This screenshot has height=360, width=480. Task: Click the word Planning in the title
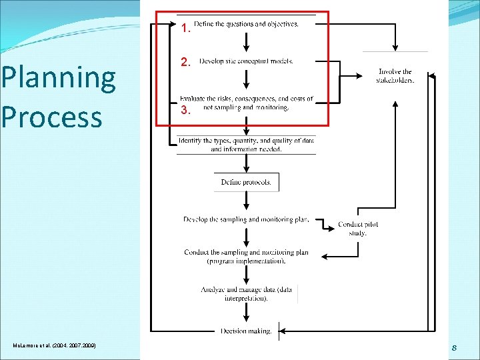coord(58,79)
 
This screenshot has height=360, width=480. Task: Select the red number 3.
coord(187,111)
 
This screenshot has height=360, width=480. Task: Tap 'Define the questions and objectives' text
coord(247,24)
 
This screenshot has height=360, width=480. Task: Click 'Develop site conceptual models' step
coord(246,61)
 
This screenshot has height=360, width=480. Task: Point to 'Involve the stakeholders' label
coord(395,75)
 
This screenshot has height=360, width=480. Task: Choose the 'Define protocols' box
coord(247,182)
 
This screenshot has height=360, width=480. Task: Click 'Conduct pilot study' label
coord(357,229)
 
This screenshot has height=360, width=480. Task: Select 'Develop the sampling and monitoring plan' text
coord(246,219)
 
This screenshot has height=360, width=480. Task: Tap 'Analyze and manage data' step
coord(246,293)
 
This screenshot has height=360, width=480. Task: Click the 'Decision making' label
coord(246,331)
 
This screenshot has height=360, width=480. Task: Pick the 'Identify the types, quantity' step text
coord(246,145)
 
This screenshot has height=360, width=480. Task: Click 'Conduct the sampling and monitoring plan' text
coord(246,256)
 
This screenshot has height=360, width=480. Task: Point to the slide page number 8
coord(454,347)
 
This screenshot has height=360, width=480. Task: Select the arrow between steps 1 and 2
coord(247,43)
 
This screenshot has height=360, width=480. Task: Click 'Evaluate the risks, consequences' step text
coord(246,103)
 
